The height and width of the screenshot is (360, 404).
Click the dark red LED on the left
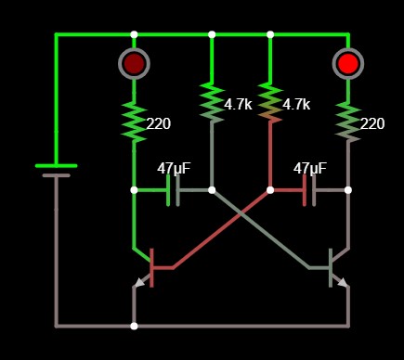pos(134,63)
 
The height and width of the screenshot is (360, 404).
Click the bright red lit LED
pos(348,63)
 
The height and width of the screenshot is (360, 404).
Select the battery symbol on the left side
pos(56,170)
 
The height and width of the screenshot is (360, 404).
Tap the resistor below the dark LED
pos(134,122)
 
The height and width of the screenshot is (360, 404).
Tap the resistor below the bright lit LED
pos(348,122)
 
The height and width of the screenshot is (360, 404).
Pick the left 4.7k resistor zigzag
pos(212,102)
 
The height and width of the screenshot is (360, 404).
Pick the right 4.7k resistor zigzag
pos(270,102)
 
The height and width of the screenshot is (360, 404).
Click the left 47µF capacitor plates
pos(173,190)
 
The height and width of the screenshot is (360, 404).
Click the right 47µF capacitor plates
pos(309,190)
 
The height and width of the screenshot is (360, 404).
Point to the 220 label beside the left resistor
pos(159,124)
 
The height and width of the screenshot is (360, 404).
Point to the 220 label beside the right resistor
pos(372,124)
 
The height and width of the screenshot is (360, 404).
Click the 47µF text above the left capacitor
pos(174,169)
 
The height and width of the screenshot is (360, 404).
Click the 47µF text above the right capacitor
pos(310,169)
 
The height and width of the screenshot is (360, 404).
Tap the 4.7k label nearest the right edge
pos(296,105)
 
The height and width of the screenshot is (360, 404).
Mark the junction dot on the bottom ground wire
pos(134,326)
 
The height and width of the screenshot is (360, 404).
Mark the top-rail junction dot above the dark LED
pos(134,34)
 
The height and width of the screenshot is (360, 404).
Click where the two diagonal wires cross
pos(241,213)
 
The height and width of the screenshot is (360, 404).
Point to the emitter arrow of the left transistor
pos(140,282)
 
